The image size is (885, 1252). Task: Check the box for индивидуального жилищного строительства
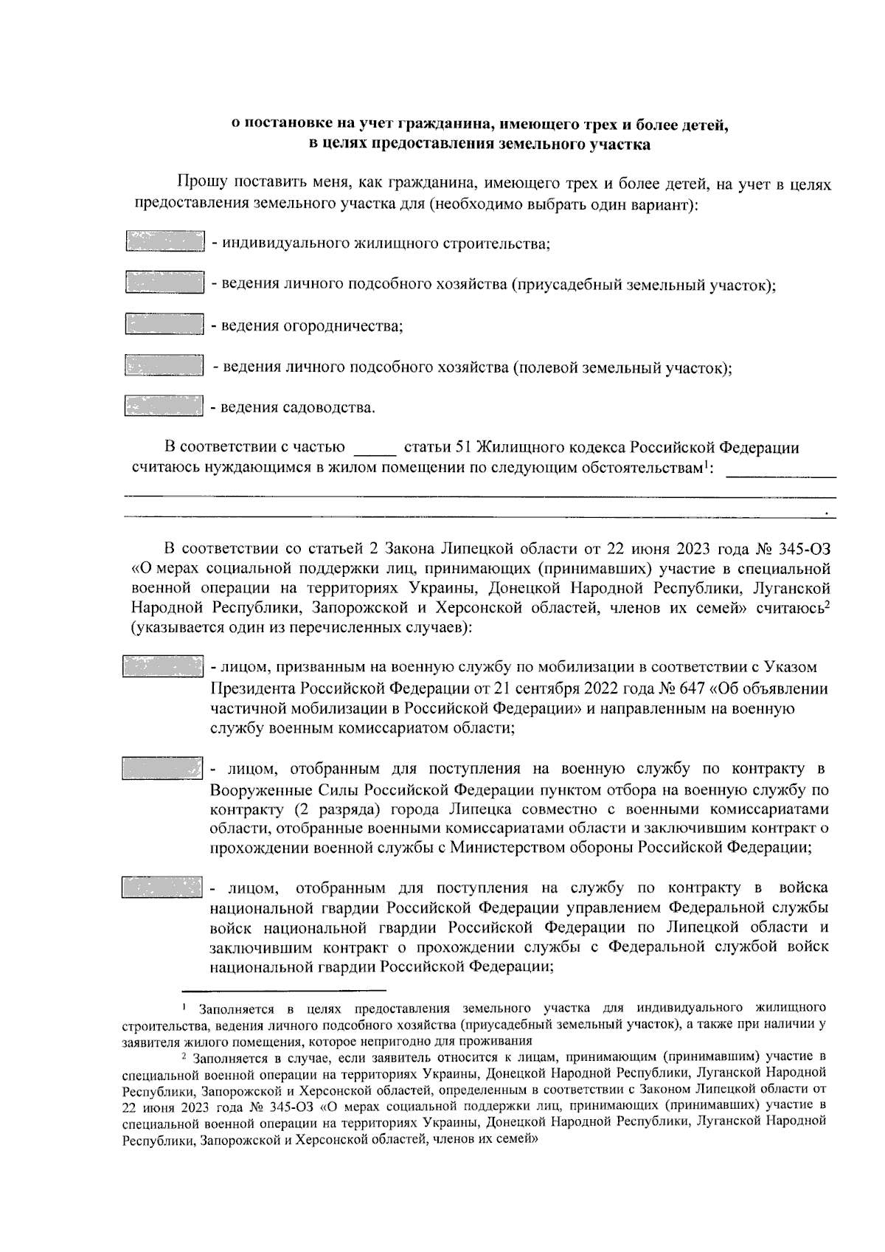tap(164, 243)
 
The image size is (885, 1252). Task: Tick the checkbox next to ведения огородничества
tap(164, 325)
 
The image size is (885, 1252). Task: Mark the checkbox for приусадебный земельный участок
tap(164, 284)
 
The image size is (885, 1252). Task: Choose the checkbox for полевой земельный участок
tap(164, 366)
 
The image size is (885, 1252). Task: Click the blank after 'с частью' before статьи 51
tap(375, 449)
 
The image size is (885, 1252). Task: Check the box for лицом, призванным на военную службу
tap(162, 666)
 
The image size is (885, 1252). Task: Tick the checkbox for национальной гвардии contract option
tap(162, 887)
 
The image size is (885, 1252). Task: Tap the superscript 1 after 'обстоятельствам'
tap(706, 463)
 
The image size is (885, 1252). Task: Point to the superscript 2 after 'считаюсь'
tap(827, 605)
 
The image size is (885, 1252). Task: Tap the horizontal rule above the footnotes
tap(284, 990)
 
